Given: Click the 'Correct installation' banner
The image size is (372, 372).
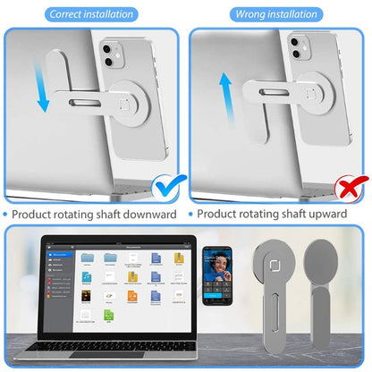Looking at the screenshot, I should tap(93, 14).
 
